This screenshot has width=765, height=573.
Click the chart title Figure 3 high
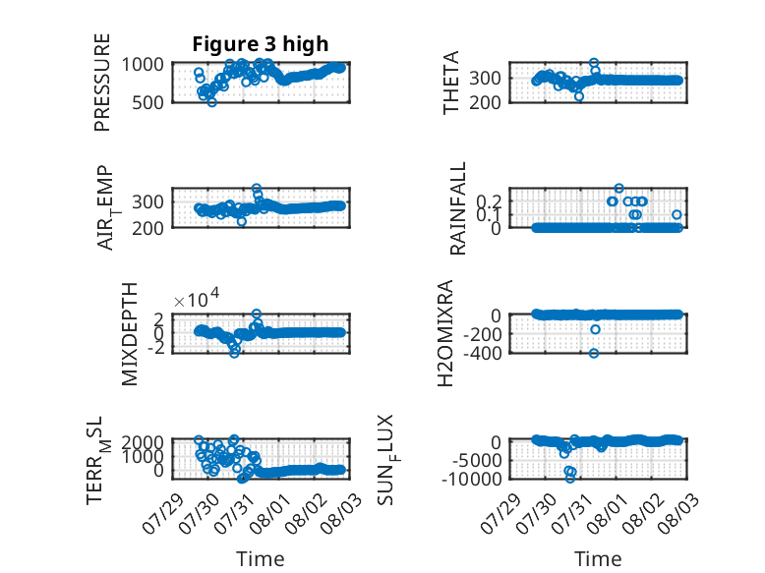(260, 44)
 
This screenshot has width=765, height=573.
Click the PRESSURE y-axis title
(102, 83)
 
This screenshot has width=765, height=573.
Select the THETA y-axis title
(451, 83)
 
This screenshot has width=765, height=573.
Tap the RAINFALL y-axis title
(457, 208)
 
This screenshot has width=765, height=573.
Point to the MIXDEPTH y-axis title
(130, 334)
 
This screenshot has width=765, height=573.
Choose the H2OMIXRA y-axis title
(445, 333)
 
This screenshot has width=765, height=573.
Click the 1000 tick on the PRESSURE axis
(143, 64)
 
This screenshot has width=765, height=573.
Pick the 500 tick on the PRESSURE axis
(148, 102)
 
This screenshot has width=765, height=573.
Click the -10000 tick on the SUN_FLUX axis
(472, 479)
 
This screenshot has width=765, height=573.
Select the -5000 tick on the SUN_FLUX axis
(477, 460)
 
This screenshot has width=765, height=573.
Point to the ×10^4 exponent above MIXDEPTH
(197, 298)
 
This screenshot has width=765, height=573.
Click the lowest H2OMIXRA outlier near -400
(594, 353)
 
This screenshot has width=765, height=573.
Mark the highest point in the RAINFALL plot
(618, 189)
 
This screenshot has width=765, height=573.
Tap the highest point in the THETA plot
(594, 63)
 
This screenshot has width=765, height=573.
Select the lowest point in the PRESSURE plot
(211, 102)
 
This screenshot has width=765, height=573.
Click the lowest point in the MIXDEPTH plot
(235, 353)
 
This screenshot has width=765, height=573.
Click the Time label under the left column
(260, 558)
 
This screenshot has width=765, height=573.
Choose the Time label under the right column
(598, 558)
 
